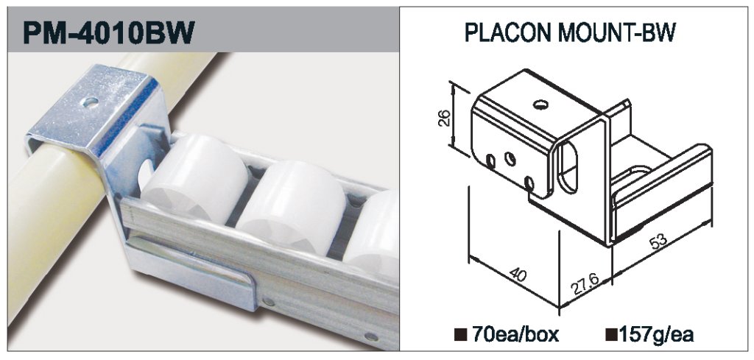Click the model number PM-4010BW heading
pos(109,32)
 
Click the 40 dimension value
pos(518,275)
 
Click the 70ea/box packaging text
pos(515,334)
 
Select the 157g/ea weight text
pos(656,334)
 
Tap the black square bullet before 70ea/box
pos(460,334)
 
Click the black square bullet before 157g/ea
pos(612,334)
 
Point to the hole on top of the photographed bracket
pos(90,102)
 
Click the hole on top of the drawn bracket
pos(541,104)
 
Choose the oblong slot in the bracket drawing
pos(568,166)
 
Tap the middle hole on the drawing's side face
pos(510,158)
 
